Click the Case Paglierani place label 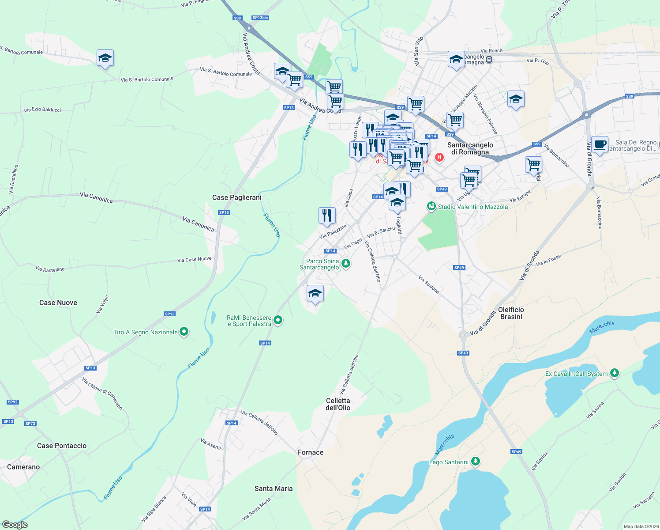(236, 197)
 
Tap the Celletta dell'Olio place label (338, 404)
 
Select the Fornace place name (311, 452)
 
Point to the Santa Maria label (274, 488)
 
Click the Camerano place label (23, 467)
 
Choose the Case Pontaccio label (62, 446)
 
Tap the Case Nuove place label (58, 303)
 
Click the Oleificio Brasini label (511, 313)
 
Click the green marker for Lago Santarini (475, 462)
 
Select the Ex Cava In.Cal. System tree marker (614, 373)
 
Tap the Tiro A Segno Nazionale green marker (184, 332)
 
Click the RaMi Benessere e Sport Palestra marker (278, 320)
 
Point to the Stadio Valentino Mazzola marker (431, 206)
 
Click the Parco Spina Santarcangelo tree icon (346, 264)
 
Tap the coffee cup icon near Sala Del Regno (600, 144)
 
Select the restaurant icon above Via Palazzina (327, 215)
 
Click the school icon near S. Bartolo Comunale (105, 58)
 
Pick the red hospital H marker (439, 157)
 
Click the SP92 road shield (13, 402)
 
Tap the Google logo (15, 525)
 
